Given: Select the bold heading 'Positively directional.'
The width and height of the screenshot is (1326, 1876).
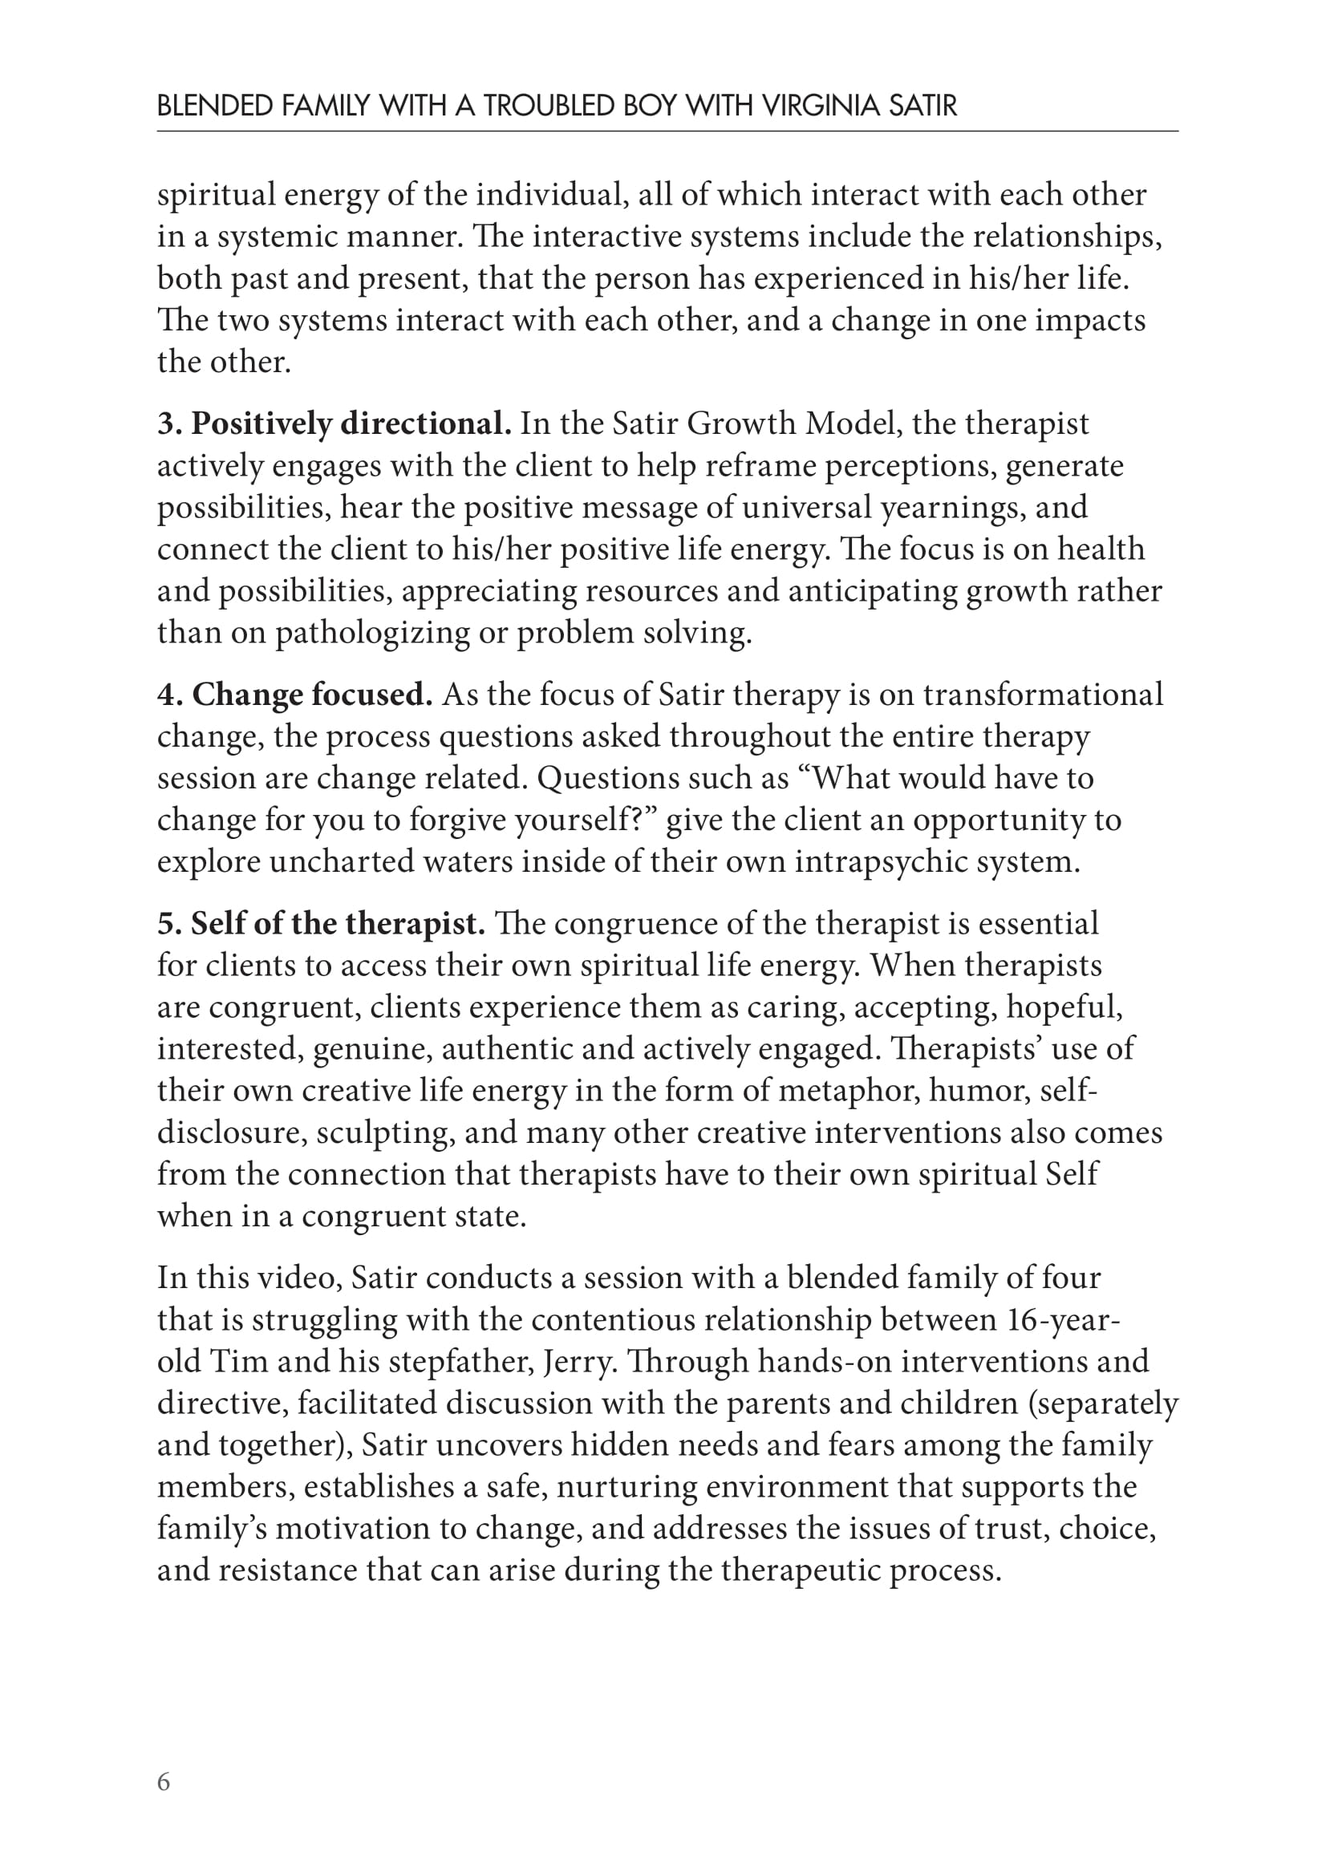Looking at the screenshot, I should (351, 423).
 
